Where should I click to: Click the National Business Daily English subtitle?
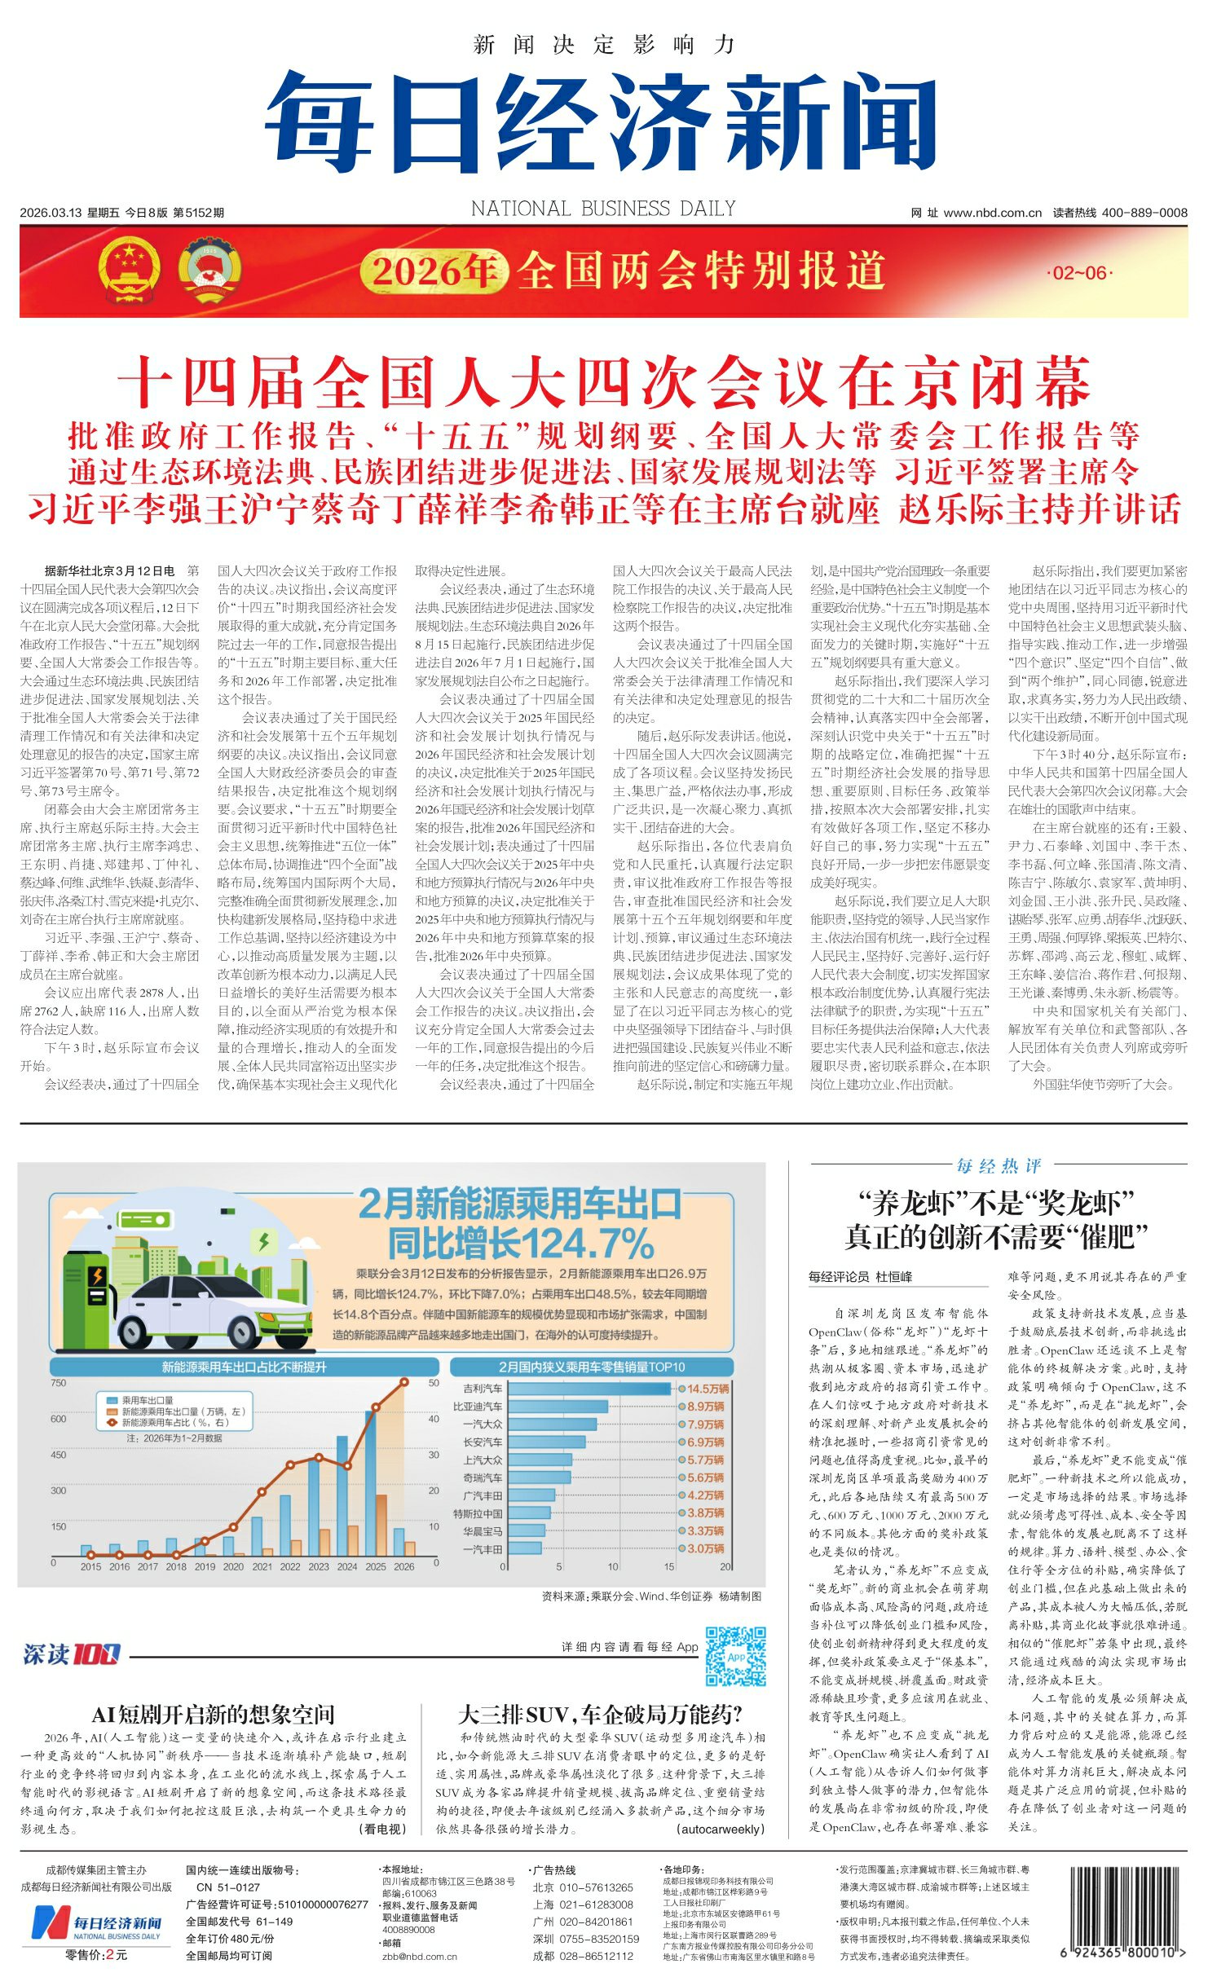(603, 209)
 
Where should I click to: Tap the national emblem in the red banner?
(129, 271)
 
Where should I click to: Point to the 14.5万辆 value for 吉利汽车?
(707, 1389)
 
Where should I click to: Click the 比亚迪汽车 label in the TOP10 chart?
(478, 1407)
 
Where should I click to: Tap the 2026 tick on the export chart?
(403, 1566)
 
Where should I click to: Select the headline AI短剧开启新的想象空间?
(213, 1715)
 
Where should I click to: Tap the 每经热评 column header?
(999, 1166)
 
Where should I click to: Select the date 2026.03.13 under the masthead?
(51, 213)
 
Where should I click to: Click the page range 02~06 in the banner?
(1080, 273)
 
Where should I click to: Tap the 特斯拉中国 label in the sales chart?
(478, 1513)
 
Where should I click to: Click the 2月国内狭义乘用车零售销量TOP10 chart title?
(592, 1367)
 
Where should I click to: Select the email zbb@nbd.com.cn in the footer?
(420, 1956)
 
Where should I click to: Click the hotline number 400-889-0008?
(1144, 213)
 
